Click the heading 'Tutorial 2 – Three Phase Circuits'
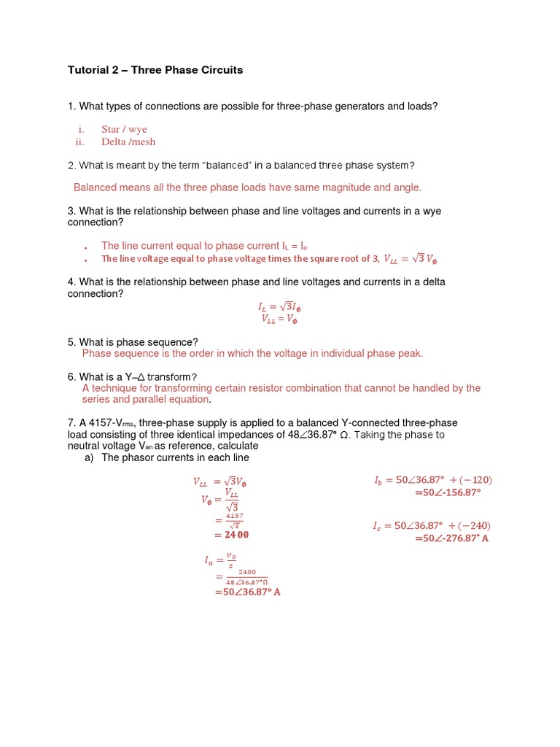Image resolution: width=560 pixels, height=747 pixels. click(155, 70)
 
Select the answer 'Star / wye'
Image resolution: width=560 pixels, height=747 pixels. click(124, 129)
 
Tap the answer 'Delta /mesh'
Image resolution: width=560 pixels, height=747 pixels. click(128, 142)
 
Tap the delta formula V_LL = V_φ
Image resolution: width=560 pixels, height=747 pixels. click(279, 319)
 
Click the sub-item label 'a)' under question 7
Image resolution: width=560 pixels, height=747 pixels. click(90, 457)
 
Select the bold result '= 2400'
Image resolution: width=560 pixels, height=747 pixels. click(231, 535)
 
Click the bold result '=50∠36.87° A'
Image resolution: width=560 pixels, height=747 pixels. click(247, 592)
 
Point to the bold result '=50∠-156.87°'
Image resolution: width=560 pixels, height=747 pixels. click(448, 492)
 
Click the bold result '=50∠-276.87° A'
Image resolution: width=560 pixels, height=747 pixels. click(451, 538)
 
